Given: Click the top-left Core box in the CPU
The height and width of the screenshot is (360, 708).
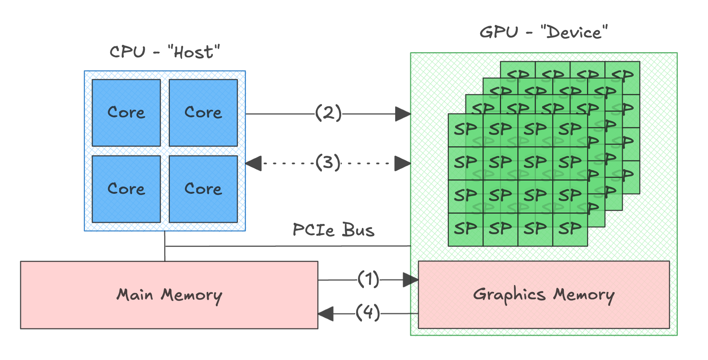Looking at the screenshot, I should coord(126,113).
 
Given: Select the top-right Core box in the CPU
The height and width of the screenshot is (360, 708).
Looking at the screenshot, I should coord(203,113).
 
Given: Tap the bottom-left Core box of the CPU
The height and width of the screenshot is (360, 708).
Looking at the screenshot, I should coord(126,189).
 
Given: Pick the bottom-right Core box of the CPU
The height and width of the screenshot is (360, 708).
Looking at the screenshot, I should coord(203,189).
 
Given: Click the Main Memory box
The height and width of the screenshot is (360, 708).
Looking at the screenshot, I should coord(169,295).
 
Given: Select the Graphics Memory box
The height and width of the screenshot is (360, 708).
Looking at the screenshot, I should coord(543,295).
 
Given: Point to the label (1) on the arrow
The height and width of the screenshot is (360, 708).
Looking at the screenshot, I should coord(368,279).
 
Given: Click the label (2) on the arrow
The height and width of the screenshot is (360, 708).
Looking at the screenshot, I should coord(328,113).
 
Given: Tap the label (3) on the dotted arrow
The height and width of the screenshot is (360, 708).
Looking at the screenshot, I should coord(328,163).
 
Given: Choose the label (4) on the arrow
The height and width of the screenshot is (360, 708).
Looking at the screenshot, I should coord(368,313).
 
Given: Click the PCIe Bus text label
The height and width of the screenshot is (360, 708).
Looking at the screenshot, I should coord(333,230).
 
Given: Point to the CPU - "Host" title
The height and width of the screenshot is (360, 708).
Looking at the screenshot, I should coord(165,51).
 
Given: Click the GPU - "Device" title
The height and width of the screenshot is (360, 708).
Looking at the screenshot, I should coord(543,32).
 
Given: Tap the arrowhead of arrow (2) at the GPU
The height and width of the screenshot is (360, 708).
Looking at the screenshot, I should coord(403,114).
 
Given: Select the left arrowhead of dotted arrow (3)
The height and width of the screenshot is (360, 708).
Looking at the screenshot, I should coord(254,163).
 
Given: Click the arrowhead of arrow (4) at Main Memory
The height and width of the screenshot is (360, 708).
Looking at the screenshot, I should coord(326,314).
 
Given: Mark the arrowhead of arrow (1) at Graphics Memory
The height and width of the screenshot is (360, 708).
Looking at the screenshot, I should coord(410,280).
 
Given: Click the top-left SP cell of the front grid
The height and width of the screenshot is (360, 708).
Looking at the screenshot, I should coord(465,130).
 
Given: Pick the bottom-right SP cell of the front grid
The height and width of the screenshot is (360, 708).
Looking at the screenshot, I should coord(570,229).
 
